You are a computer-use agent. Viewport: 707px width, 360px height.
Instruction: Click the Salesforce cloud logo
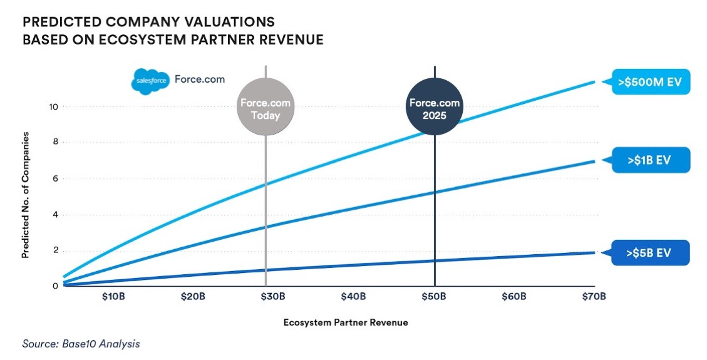(148, 81)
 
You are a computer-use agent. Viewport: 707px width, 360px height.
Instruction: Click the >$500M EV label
(651, 81)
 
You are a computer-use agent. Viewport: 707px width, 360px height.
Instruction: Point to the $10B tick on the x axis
(113, 296)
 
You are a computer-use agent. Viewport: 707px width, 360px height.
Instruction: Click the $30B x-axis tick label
(273, 296)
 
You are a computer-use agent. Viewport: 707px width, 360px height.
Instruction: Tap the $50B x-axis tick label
(433, 296)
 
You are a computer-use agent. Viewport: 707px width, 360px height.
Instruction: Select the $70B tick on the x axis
(594, 296)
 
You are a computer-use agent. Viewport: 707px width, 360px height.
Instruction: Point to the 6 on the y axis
(56, 178)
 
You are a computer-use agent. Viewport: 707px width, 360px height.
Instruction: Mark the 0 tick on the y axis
(56, 286)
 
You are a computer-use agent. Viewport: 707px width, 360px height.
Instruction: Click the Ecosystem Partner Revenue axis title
(345, 322)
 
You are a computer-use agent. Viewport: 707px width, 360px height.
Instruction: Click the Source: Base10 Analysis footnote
(81, 344)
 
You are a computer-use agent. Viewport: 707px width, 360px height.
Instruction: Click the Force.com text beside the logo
(199, 80)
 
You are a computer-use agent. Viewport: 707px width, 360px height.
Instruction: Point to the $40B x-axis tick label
(353, 296)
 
